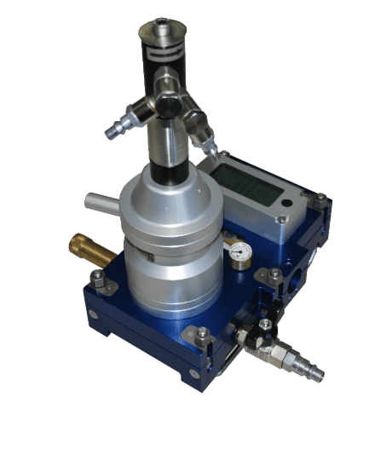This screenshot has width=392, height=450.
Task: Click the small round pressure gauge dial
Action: (239, 253)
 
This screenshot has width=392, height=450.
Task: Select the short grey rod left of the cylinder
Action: (101, 204)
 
